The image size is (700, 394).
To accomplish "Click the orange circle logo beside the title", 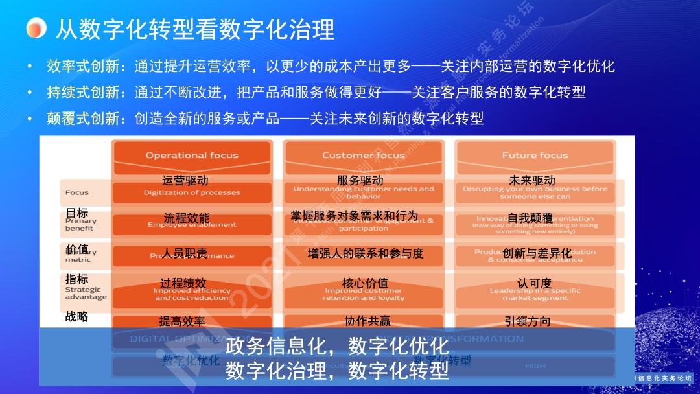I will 37,28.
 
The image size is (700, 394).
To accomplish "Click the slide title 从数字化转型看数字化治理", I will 194,29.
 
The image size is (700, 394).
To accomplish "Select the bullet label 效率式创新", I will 83,66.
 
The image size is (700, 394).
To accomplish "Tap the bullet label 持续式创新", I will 83,93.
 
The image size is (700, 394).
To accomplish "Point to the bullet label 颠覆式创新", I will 83,119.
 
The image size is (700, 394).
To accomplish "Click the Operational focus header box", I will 192,156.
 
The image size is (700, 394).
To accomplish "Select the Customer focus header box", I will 363,156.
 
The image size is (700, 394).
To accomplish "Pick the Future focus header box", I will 535,156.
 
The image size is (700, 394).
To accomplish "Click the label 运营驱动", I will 185,180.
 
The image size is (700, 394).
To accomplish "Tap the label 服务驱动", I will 360,180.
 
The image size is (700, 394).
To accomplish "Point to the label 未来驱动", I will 532,180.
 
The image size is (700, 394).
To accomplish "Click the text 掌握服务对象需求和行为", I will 355,216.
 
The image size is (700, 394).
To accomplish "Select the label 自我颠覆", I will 530,218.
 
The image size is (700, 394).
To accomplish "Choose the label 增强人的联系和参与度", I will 366,253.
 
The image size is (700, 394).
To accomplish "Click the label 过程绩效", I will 183,283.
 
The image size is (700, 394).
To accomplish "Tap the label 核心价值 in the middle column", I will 366,283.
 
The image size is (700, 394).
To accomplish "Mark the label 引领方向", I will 528,321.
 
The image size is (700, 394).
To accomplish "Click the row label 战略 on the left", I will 76,317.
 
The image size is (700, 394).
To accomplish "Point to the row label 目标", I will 76,213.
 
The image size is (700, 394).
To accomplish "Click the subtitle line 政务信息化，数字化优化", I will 337,347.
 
